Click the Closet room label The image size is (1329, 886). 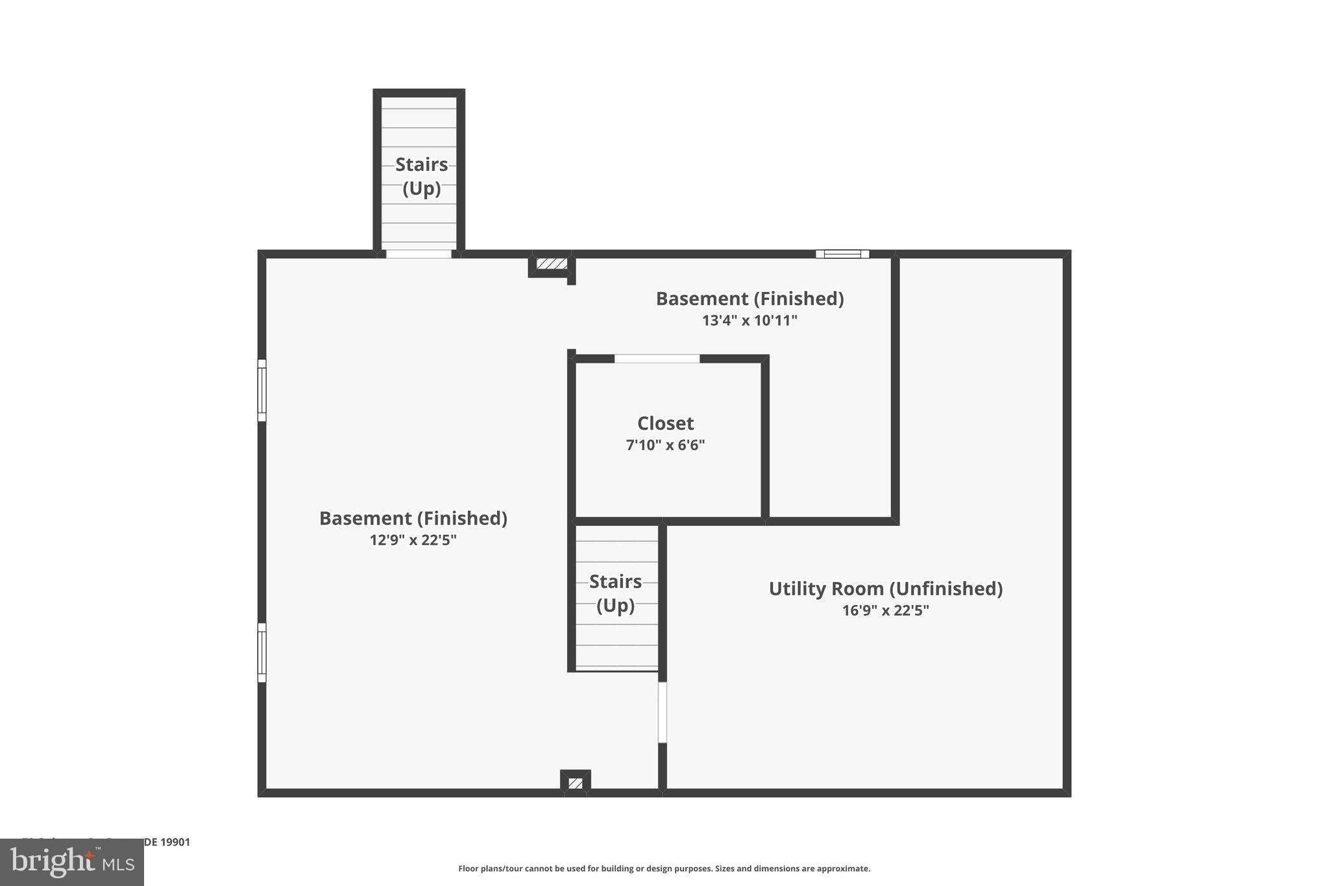point(665,423)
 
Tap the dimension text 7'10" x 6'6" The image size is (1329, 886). point(665,445)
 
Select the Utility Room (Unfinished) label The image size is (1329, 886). point(885,589)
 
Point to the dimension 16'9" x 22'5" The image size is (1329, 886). point(885,610)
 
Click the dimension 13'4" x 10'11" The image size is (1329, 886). point(750,320)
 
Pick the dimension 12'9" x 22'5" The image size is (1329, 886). point(413,540)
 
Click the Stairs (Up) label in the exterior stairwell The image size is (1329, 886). point(421,176)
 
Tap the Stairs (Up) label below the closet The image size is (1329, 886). point(615,593)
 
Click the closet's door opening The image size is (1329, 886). point(657,358)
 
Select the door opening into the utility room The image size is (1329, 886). point(663,711)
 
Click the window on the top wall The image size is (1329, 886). point(842,254)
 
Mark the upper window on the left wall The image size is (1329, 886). point(262,390)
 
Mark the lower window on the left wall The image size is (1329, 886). point(262,652)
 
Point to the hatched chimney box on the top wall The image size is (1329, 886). point(552,264)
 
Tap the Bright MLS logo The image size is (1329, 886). point(72,862)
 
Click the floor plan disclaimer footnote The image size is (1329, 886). point(664,868)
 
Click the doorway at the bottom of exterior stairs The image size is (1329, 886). point(419,254)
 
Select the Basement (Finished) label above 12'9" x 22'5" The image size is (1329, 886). point(413,518)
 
